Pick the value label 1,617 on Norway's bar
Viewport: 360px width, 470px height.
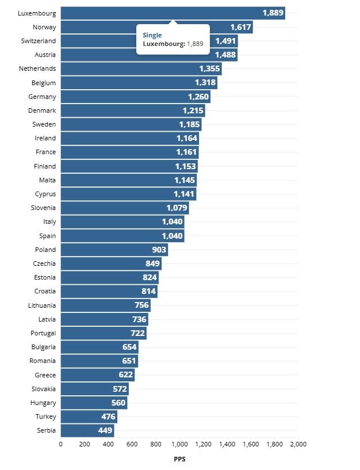[x=240, y=27]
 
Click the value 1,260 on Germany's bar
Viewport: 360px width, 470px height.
[x=198, y=97]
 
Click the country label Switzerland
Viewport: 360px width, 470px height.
[x=39, y=41]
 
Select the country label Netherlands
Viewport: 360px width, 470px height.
[x=37, y=69]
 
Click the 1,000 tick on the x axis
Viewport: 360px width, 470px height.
[x=179, y=444]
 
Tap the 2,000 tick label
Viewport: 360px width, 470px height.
[x=298, y=444]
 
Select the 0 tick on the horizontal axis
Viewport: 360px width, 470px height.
[x=61, y=444]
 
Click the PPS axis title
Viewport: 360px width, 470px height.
[x=179, y=459]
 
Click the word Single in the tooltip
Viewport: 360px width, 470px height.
[x=152, y=35]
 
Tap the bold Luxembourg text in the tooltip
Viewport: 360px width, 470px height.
[x=163, y=44]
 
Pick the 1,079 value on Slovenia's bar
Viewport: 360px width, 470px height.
[x=177, y=208]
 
